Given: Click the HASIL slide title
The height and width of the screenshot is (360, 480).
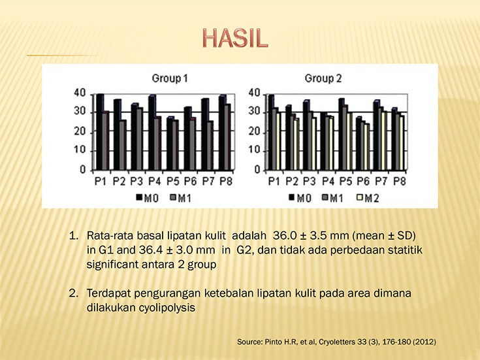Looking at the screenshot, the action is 235,39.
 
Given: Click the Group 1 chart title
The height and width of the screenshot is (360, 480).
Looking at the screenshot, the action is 170,78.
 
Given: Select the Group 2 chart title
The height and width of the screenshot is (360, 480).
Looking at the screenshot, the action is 323,78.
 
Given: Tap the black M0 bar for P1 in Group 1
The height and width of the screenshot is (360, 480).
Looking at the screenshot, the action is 99,132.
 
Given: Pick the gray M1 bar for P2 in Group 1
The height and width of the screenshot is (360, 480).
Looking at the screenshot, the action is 122,145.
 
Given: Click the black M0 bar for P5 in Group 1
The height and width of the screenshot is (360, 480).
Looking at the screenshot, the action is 170,144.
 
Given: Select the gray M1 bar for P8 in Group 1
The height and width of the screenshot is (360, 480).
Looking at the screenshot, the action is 227,137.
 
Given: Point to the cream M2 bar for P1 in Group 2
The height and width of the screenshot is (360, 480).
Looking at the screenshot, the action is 278,141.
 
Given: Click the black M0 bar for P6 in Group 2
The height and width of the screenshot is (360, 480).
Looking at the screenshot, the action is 359,144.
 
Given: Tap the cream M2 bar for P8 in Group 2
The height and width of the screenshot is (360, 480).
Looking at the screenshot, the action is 402,143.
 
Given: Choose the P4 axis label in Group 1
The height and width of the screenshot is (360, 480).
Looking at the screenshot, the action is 155,182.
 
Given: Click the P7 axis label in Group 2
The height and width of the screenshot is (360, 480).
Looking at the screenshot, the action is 381,182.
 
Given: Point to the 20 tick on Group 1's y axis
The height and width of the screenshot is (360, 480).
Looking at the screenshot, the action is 80,132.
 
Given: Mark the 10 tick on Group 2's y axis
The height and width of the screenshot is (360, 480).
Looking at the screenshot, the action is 255,150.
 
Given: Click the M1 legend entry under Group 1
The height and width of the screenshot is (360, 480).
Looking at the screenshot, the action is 181,198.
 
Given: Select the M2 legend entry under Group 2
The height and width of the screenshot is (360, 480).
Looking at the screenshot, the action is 368,198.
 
